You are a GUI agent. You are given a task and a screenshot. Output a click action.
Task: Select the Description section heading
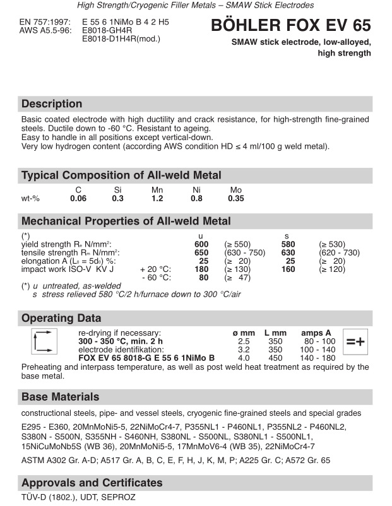coord(52,104)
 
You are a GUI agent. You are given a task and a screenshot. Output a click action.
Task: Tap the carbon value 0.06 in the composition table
coord(78,198)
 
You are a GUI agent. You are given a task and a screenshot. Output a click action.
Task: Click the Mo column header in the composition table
coord(235,189)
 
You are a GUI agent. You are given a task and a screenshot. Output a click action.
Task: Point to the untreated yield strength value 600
coord(201,244)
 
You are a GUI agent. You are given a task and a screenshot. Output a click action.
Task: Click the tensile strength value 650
coord(201,252)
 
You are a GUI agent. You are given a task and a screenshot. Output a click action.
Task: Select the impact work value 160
coord(288,269)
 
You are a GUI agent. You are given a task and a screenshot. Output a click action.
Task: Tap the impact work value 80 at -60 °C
coord(203,277)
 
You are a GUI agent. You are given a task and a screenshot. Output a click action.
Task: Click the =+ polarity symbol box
coord(355,341)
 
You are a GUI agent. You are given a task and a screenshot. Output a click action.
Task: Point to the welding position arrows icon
coord(40,341)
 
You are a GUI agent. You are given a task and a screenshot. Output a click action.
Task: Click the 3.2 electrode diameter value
coord(244,349)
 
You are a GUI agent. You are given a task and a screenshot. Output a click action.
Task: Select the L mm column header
coord(275,332)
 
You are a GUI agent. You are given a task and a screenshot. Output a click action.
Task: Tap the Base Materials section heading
coord(61,397)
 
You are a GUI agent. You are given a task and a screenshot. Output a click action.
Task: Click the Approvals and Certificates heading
coord(92,483)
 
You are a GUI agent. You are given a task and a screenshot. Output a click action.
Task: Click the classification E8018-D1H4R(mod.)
coord(121,38)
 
